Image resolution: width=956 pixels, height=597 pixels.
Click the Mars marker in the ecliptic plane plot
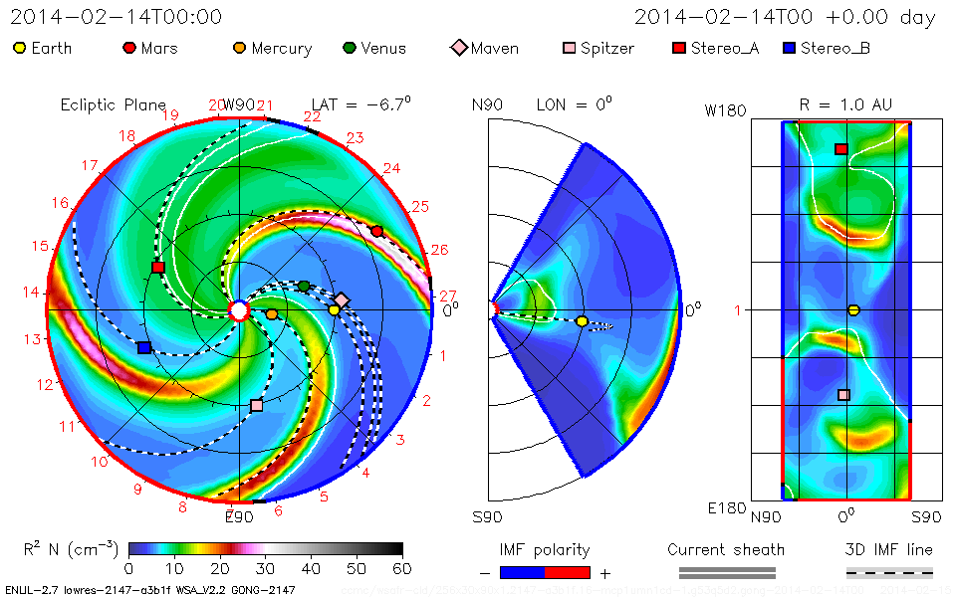pyautogui.click(x=376, y=231)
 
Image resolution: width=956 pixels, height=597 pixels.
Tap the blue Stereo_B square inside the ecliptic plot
pyautogui.click(x=144, y=348)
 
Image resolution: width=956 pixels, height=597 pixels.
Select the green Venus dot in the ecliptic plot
pyautogui.click(x=304, y=287)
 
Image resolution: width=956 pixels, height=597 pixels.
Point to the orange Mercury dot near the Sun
pyautogui.click(x=272, y=314)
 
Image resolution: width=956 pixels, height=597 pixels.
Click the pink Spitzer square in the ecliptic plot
pyautogui.click(x=257, y=405)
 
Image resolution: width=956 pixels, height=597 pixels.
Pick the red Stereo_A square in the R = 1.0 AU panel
pyautogui.click(x=840, y=149)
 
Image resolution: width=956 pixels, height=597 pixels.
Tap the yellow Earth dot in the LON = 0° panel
pyautogui.click(x=582, y=321)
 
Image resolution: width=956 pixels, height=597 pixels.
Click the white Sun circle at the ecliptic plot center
pyautogui.click(x=238, y=310)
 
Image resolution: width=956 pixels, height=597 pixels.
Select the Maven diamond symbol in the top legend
pyautogui.click(x=459, y=48)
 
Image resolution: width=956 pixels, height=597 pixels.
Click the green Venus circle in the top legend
pyautogui.click(x=349, y=48)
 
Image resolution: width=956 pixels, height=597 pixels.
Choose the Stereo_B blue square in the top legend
pyautogui.click(x=789, y=48)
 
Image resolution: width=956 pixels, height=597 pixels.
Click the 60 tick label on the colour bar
pyautogui.click(x=402, y=569)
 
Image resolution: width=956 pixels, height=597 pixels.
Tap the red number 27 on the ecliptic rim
pyautogui.click(x=447, y=296)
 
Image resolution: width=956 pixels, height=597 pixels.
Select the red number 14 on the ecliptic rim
pyautogui.click(x=32, y=293)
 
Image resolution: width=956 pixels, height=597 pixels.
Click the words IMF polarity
pyautogui.click(x=545, y=550)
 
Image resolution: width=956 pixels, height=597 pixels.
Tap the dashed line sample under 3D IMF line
pyautogui.click(x=889, y=572)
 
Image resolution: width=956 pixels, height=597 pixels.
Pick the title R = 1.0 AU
pyautogui.click(x=845, y=103)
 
